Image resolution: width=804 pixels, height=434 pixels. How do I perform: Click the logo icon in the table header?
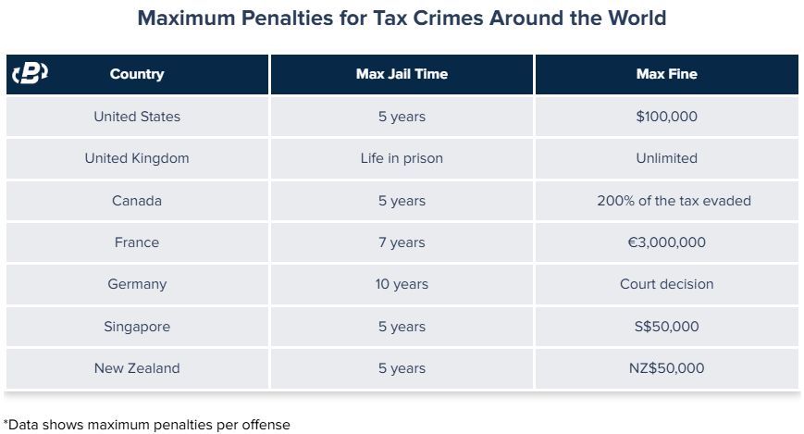pyautogui.click(x=30, y=73)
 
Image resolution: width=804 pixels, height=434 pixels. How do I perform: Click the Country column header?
pyautogui.click(x=137, y=74)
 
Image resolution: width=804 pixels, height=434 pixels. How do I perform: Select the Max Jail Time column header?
pyautogui.click(x=402, y=74)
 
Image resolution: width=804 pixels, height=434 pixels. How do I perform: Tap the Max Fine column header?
pyautogui.click(x=666, y=74)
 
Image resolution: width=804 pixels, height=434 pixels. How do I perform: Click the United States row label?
pyautogui.click(x=137, y=117)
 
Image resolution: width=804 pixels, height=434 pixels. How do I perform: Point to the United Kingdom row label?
pyautogui.click(x=137, y=158)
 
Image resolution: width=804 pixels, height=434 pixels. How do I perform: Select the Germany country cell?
pyautogui.click(x=137, y=284)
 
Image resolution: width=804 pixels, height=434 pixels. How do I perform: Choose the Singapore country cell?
pyautogui.click(x=137, y=327)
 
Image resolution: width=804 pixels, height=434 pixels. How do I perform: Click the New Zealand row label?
pyautogui.click(x=137, y=368)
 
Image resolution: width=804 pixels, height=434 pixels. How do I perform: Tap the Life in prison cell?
pyautogui.click(x=402, y=158)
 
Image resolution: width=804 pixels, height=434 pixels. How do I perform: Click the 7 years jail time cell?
pyautogui.click(x=402, y=242)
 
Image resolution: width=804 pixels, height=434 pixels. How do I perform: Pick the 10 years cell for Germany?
pyautogui.click(x=402, y=284)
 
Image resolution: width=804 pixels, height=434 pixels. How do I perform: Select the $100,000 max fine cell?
pyautogui.click(x=666, y=117)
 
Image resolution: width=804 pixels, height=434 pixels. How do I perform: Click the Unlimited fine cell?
pyautogui.click(x=666, y=158)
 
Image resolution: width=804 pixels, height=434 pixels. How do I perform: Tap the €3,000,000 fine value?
pyautogui.click(x=666, y=242)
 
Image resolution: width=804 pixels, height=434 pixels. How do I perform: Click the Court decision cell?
pyautogui.click(x=666, y=284)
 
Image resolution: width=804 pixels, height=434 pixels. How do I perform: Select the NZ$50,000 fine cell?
pyautogui.click(x=666, y=368)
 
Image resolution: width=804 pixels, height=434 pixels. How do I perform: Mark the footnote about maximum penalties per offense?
pyautogui.click(x=147, y=425)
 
